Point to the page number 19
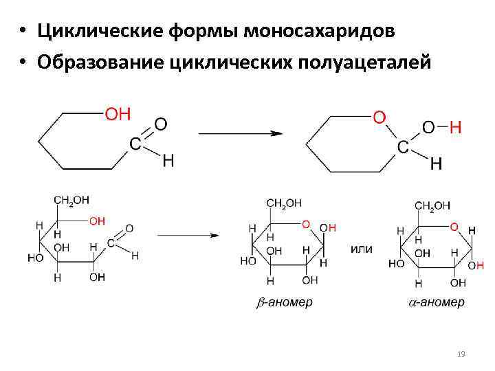tap(461, 354)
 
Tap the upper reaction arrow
tap(240, 133)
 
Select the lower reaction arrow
tap(188, 235)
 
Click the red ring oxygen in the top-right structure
tap(378, 118)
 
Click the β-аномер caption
tap(284, 302)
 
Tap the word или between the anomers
tap(362, 249)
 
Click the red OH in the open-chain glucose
tap(97, 221)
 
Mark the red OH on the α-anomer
tap(476, 265)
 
